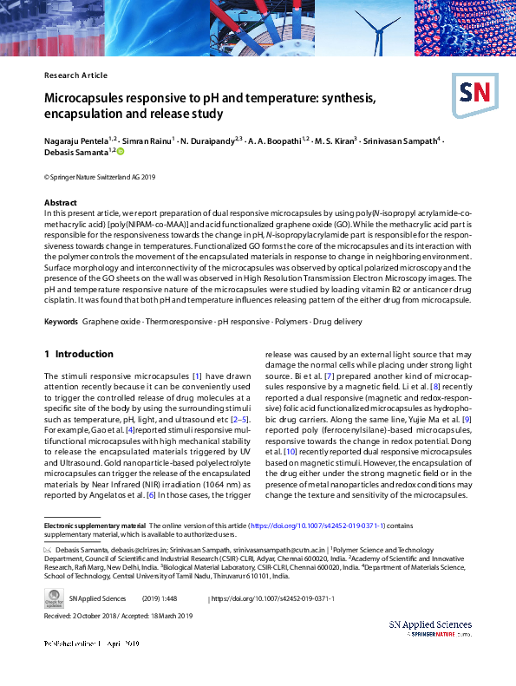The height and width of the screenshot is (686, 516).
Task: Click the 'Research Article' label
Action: [75, 75]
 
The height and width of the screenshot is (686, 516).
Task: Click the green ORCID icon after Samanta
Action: [121, 151]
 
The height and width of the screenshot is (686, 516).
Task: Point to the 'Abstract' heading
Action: [60, 202]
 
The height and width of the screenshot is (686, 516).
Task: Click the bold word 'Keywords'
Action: [62, 321]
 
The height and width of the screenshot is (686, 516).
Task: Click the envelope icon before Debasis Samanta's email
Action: [49, 550]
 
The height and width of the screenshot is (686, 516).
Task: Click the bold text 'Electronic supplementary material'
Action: [95, 526]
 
